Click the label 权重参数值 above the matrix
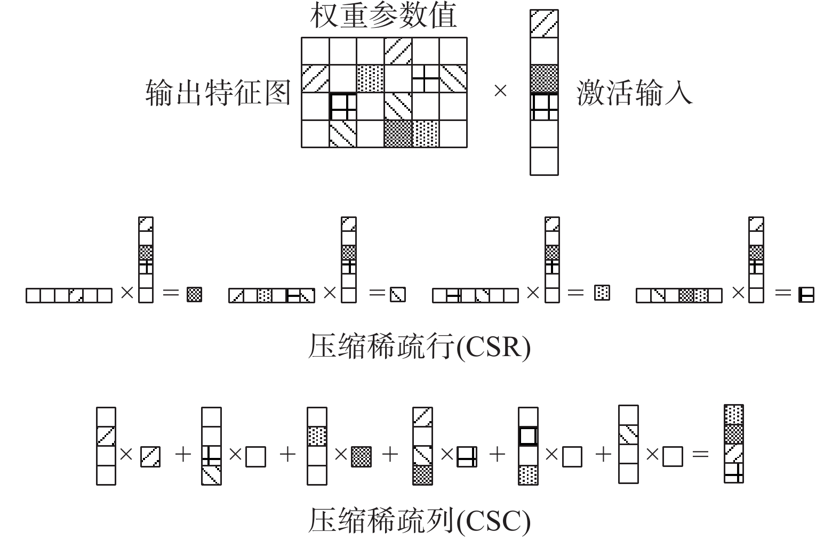tap(383, 16)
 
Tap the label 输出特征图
tap(218, 92)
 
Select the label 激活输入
tap(634, 92)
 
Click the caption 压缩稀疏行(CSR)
tap(419, 347)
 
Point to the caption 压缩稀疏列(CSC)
tap(419, 520)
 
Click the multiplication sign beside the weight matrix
tap(500, 92)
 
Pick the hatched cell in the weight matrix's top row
tap(398, 51)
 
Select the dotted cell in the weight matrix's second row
tap(370, 78)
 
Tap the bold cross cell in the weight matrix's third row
tap(343, 106)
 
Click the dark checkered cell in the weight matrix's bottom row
tap(398, 134)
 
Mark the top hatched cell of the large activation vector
tap(544, 24)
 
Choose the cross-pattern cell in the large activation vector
tap(544, 107)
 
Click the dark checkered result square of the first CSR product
tap(194, 294)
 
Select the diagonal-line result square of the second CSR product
tap(398, 294)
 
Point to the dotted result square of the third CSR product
tap(602, 292)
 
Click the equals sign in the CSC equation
tap(700, 454)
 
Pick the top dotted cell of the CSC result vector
tap(734, 415)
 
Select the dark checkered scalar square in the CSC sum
tap(362, 457)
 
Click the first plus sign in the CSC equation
tap(183, 455)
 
